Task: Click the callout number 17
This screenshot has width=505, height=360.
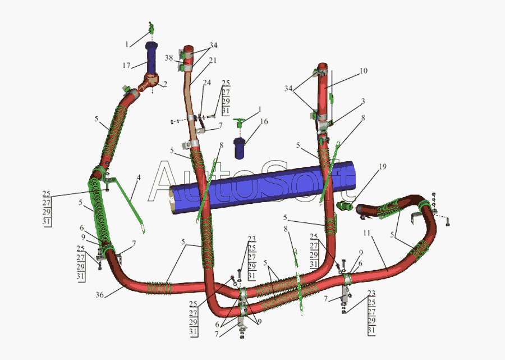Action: click(126, 65)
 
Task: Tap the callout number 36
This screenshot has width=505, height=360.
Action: click(99, 295)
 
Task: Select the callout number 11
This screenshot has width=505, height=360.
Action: click(367, 233)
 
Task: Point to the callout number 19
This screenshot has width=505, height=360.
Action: click(383, 167)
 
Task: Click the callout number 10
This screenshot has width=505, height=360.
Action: click(363, 71)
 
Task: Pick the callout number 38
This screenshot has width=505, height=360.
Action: click(169, 58)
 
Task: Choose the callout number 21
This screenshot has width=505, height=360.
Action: click(213, 60)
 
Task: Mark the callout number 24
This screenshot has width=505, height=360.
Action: click(206, 83)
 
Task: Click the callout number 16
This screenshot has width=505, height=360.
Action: click(264, 121)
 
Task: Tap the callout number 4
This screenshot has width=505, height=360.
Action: click(139, 177)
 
